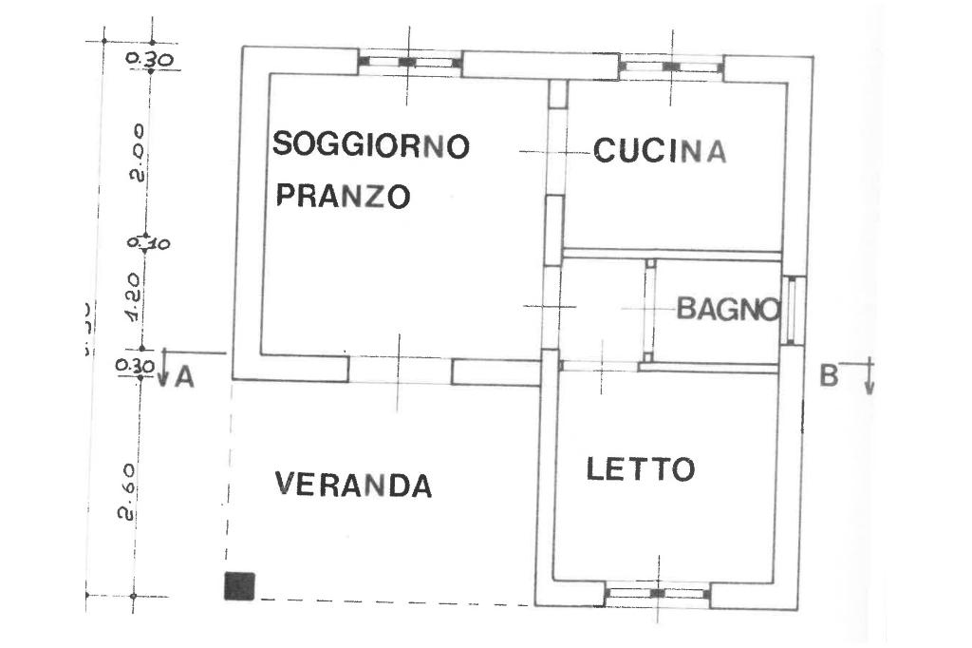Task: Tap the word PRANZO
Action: coord(343,196)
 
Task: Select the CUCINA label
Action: coord(660,151)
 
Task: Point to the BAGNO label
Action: coord(728,309)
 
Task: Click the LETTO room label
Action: coord(641,468)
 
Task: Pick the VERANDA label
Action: coord(353,485)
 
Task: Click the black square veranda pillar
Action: coord(239,585)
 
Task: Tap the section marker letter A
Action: coord(185,377)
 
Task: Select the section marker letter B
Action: coord(829,375)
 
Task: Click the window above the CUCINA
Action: coord(671,67)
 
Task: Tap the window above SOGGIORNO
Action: coord(409,63)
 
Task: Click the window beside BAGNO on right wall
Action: coord(794,310)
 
